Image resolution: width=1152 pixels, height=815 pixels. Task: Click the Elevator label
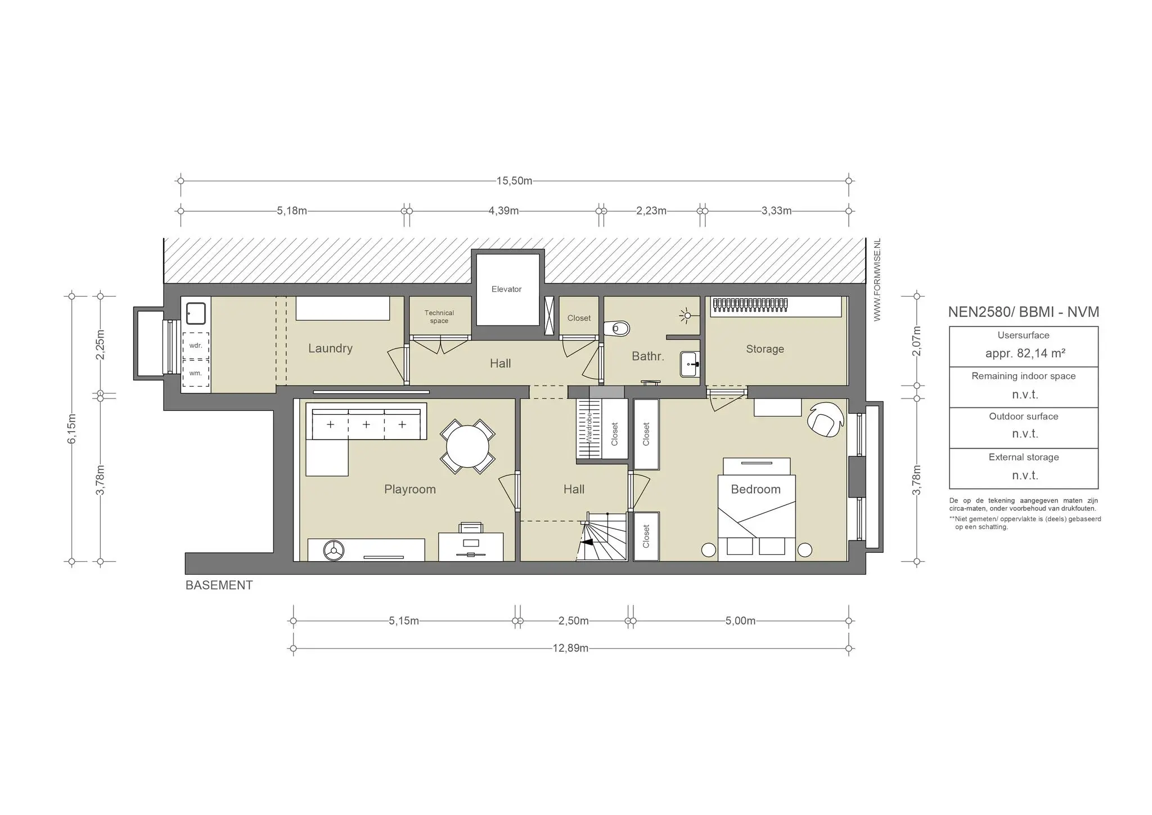pos(506,289)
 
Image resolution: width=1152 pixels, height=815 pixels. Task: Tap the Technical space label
pos(439,317)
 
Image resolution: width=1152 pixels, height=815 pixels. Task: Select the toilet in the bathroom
pos(616,328)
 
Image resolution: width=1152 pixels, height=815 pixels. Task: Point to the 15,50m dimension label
pos(514,181)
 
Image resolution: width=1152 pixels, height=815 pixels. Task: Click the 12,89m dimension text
pos(570,648)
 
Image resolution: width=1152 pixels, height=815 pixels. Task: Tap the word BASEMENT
pos(219,585)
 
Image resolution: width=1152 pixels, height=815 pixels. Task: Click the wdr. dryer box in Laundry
pos(195,345)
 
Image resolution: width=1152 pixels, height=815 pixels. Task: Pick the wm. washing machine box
pos(195,373)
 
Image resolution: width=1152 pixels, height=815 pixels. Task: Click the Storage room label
pos(765,349)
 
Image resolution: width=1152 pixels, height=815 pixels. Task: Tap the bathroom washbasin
pos(690,364)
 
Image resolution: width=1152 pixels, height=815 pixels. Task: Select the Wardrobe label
pos(589,428)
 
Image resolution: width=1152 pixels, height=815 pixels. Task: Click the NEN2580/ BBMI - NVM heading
pos(1024,312)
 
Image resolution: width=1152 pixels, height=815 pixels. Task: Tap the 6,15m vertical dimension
pos(71,429)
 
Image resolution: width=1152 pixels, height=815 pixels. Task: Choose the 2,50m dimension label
pos(574,621)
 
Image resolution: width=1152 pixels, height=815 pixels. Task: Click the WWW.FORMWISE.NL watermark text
pos(877,280)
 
